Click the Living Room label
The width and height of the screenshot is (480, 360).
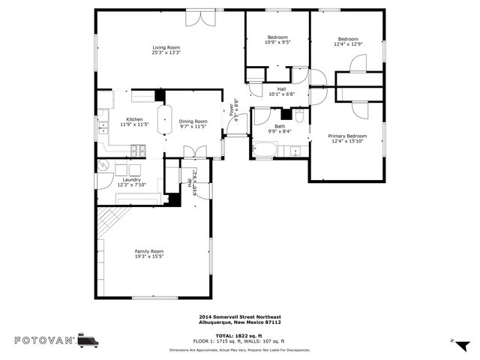coord(166,47)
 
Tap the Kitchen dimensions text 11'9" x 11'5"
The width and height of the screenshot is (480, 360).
coord(134,124)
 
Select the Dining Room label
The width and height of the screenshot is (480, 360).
coord(193,121)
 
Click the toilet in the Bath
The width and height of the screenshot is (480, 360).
coord(298,116)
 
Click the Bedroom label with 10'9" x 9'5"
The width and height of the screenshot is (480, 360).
coord(277,37)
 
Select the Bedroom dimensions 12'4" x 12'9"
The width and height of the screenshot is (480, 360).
coord(347,44)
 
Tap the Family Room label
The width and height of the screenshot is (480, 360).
coord(148,250)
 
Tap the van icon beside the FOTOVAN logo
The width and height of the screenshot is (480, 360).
coord(88,340)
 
